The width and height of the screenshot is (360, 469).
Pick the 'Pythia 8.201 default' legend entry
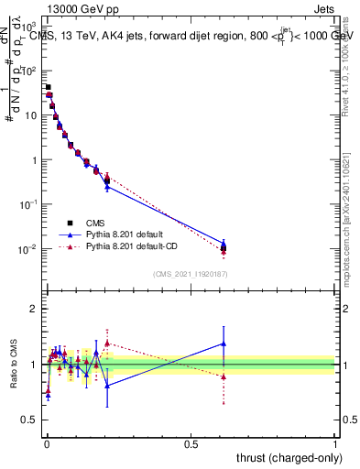point(122,234)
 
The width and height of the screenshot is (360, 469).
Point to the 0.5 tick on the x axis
point(191,444)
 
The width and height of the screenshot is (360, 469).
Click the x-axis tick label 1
point(335,444)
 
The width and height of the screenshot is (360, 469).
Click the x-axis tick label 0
point(46,444)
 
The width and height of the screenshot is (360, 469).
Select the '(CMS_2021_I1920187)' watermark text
point(191,273)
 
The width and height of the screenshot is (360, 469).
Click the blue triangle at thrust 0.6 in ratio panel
point(224,344)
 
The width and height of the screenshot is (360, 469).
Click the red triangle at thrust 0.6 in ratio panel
point(224,376)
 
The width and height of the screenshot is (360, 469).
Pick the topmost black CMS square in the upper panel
point(48,87)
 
